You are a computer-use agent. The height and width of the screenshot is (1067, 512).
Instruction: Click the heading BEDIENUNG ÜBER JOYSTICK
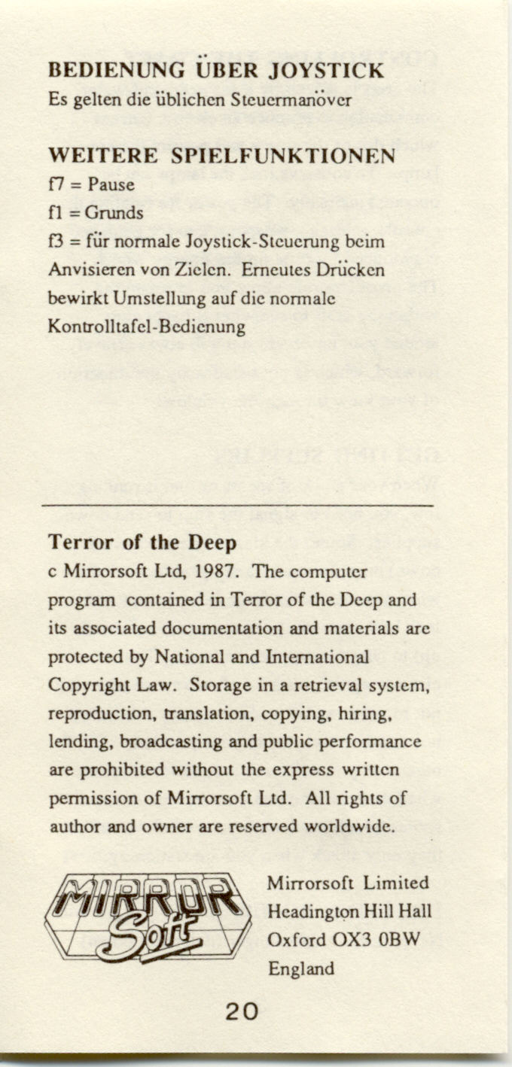[216, 71]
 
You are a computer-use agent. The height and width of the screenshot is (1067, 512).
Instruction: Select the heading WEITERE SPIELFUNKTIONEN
[221, 156]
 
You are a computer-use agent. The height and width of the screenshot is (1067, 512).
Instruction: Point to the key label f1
[56, 213]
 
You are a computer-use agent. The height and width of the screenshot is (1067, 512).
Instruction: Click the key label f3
[56, 242]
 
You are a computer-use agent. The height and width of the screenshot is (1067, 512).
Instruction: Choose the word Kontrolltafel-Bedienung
[147, 327]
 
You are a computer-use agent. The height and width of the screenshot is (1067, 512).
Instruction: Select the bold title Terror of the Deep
[142, 543]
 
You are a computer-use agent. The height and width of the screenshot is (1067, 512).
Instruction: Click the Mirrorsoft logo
[148, 914]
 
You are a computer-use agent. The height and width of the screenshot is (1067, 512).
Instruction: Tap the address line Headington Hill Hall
[350, 911]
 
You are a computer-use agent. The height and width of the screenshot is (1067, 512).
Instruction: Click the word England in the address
[301, 968]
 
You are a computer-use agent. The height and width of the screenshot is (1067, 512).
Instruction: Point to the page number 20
[242, 1012]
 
